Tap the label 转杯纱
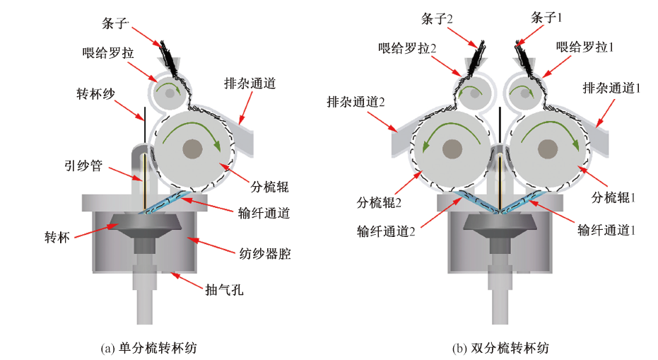point(97,93)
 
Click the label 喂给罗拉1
point(584,47)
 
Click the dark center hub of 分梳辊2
point(450,149)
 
